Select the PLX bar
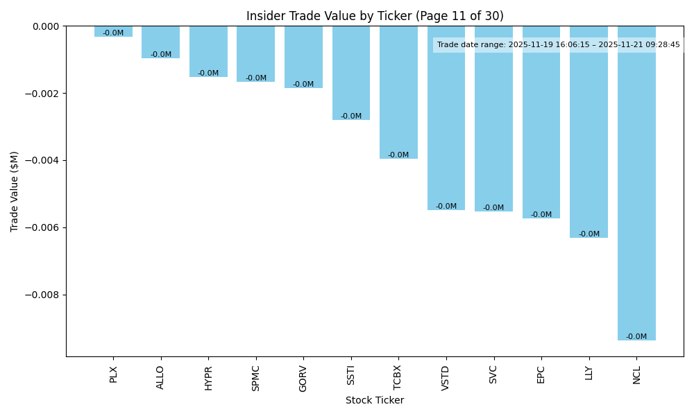coord(113,31)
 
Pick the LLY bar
coord(589,132)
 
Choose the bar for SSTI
coord(350,73)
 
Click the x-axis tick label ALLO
coord(161,377)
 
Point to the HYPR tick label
coord(208,378)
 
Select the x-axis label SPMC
coord(256,378)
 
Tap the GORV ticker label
coord(303,378)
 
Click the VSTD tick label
coord(446,378)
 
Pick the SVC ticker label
coord(493,374)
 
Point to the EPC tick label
coord(541,374)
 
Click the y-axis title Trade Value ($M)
coord(15,191)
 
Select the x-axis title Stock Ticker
coord(375,400)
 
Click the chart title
coord(375,16)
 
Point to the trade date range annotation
coord(558,45)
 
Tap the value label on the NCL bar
coord(636,337)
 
